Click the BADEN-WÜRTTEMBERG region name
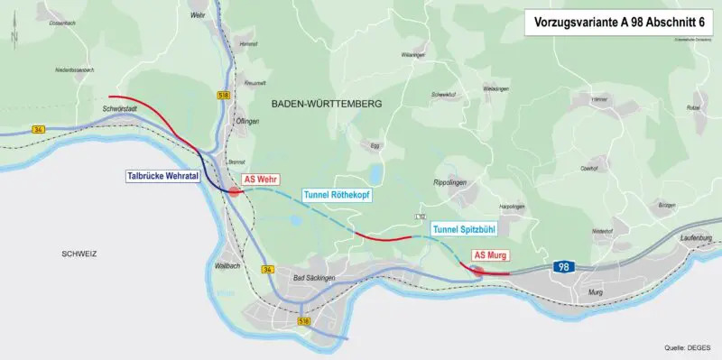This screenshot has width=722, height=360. [x=327, y=105]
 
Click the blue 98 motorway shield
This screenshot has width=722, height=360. [x=563, y=267]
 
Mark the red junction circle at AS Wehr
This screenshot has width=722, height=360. [x=235, y=190]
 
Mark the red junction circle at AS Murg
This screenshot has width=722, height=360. [x=478, y=269]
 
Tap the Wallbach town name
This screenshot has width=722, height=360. [x=230, y=267]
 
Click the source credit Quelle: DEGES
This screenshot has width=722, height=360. [x=687, y=346]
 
